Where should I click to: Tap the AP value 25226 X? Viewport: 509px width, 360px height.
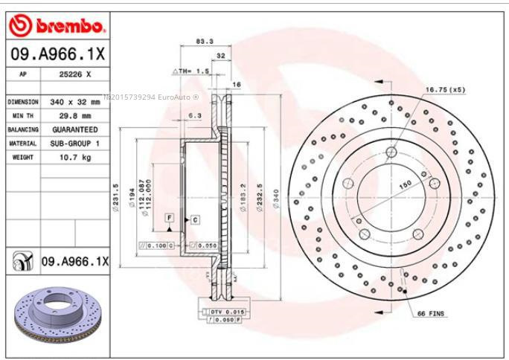click(75, 75)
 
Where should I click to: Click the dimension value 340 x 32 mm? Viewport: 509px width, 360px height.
click(75, 102)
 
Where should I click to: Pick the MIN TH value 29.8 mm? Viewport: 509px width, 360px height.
click(75, 116)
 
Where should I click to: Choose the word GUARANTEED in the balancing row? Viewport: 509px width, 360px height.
click(75, 129)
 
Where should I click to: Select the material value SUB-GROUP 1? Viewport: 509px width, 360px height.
click(75, 143)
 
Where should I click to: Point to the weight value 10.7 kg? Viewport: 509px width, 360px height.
click(75, 157)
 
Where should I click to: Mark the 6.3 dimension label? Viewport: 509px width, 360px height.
click(196, 115)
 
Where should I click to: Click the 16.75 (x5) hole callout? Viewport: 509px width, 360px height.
click(445, 89)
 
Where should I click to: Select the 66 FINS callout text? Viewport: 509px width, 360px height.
click(430, 314)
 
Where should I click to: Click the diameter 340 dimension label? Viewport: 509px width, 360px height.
click(277, 197)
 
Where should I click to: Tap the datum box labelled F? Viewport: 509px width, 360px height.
click(170, 217)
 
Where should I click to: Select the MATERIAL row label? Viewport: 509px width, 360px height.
click(23, 143)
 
